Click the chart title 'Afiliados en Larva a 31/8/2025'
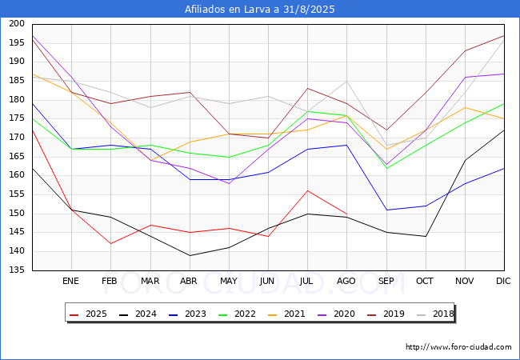point(260,10)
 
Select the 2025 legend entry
point(89,314)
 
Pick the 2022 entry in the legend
point(237,314)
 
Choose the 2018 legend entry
point(435,314)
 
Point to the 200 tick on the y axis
point(17,23)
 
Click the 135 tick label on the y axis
point(17,270)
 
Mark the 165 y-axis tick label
point(17,156)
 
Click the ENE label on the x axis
point(70,281)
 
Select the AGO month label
point(346,281)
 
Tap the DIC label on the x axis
point(503,281)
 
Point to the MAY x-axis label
point(229,281)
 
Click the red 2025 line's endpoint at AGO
point(347,214)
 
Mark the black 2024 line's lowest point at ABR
point(190,255)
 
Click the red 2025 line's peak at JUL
point(308,191)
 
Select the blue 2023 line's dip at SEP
point(386,210)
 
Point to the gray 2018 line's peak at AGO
point(347,82)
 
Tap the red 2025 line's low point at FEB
point(110,244)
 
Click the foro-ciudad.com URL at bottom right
point(458,347)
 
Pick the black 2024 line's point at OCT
point(426,236)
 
